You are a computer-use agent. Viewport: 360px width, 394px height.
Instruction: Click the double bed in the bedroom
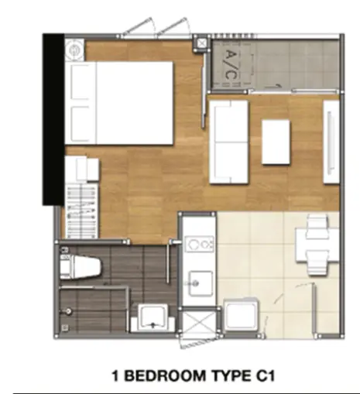pyautogui.click(x=118, y=103)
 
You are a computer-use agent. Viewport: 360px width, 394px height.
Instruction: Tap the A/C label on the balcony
pyautogui.click(x=231, y=65)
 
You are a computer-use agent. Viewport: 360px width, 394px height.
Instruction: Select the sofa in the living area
pyautogui.click(x=229, y=142)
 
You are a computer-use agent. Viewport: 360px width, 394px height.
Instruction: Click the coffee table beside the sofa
pyautogui.click(x=276, y=142)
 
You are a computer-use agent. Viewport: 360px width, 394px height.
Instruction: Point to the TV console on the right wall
pyautogui.click(x=331, y=142)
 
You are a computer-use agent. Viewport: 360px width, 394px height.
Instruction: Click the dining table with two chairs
pyautogui.click(x=317, y=245)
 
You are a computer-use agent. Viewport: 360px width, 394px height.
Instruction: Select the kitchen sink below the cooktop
pyautogui.click(x=201, y=283)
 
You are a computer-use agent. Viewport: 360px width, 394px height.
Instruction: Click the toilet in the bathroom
pyautogui.click(x=81, y=267)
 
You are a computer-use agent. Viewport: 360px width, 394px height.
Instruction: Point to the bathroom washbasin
pyautogui.click(x=153, y=318)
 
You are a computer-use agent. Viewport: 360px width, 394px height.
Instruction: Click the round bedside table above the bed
pyautogui.click(x=74, y=50)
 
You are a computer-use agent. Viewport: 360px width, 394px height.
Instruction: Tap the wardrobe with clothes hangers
pyautogui.click(x=81, y=211)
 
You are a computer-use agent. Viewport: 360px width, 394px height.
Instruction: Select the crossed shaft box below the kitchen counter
pyautogui.click(x=199, y=323)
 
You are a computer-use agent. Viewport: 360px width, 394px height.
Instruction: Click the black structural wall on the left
pyautogui.click(x=53, y=119)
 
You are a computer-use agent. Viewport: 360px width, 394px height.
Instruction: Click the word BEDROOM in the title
pyautogui.click(x=165, y=375)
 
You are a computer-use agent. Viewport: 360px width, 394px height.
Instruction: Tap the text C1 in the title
pyautogui.click(x=266, y=375)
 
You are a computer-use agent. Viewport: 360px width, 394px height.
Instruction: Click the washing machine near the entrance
pyautogui.click(x=242, y=314)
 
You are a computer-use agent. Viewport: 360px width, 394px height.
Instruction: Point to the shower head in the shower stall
pyautogui.click(x=68, y=311)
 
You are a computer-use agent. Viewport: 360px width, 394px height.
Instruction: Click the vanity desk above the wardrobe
pyautogui.click(x=81, y=170)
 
